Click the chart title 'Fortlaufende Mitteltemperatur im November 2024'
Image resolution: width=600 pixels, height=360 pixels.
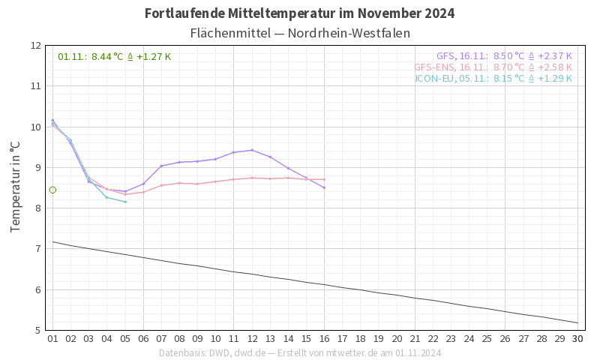[299, 13]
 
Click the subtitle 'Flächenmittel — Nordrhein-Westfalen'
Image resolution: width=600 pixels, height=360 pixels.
[300, 34]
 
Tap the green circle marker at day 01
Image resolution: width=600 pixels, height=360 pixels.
[52, 190]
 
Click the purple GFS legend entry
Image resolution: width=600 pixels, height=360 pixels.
[504, 55]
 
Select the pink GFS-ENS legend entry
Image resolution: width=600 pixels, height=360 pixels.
[493, 67]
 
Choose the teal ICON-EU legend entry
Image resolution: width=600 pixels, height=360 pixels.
[493, 78]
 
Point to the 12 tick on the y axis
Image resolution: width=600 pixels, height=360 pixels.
[36, 45]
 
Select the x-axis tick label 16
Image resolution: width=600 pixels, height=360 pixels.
[324, 339]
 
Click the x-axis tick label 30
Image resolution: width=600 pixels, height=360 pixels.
[577, 339]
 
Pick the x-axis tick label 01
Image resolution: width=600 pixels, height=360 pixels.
[52, 339]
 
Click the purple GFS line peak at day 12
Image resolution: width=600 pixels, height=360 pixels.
[252, 150]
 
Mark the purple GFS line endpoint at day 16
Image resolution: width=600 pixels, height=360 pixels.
[324, 187]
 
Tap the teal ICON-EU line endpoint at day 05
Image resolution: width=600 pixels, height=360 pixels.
[125, 202]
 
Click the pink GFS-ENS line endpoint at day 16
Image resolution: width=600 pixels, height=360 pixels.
[324, 179]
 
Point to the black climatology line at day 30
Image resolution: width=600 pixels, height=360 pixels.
[577, 322]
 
